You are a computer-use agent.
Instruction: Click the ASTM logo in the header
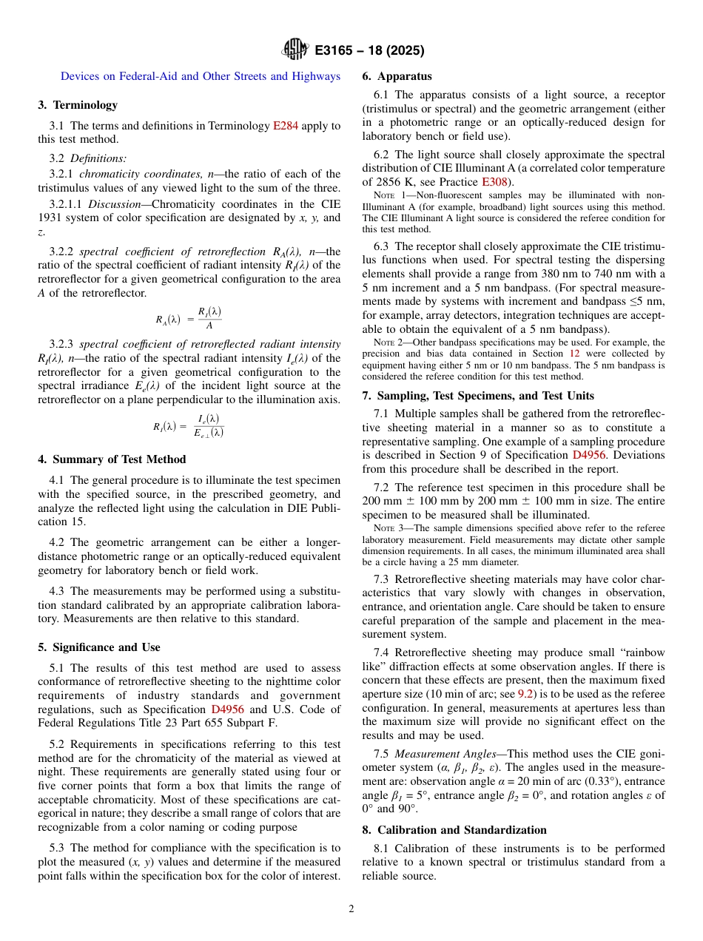click(x=295, y=50)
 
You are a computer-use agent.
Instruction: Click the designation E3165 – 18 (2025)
click(x=369, y=51)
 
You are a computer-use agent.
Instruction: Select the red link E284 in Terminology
click(x=286, y=126)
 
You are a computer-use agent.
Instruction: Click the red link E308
click(x=495, y=181)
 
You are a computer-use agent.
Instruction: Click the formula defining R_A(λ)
click(x=189, y=319)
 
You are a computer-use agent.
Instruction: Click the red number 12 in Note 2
click(x=574, y=354)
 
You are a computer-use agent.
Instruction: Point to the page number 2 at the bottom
click(x=351, y=908)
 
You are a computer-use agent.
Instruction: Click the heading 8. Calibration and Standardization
click(x=454, y=830)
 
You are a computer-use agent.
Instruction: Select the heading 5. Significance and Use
click(x=99, y=647)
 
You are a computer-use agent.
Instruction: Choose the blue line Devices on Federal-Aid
click(x=201, y=76)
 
